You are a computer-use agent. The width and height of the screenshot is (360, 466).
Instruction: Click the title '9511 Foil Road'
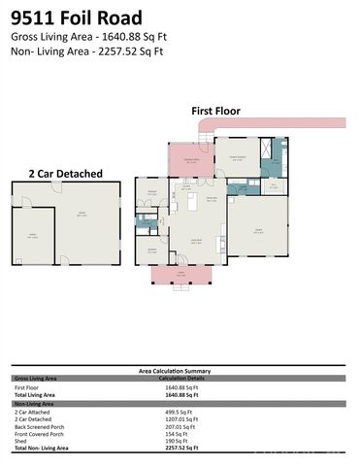(x=77, y=17)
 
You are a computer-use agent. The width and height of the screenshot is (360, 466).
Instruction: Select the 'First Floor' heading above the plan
(x=215, y=111)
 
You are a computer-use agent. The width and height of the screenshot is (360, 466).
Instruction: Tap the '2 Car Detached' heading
(x=65, y=173)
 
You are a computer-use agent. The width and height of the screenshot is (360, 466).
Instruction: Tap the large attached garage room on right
(x=258, y=229)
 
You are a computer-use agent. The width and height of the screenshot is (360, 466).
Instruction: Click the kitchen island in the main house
(x=191, y=181)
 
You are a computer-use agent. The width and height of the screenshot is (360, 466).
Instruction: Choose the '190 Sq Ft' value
(x=177, y=440)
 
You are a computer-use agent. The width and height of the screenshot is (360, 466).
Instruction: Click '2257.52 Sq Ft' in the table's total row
(x=181, y=448)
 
